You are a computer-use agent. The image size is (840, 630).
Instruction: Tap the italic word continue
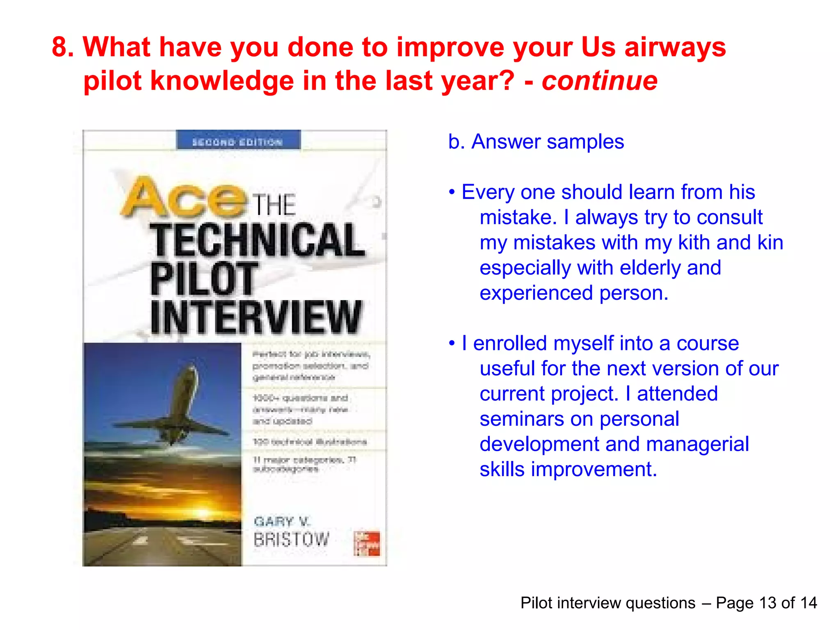(599, 80)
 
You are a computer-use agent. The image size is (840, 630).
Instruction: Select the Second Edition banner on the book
(238, 141)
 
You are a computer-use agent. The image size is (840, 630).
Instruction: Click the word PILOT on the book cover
(203, 279)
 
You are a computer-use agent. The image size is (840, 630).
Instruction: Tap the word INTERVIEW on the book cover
(256, 317)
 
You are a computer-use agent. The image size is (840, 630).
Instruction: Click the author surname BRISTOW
(291, 539)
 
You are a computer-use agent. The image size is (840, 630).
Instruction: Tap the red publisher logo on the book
(367, 543)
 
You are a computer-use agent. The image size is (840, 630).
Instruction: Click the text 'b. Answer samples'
(536, 142)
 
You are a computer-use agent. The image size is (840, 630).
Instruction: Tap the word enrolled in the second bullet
(510, 343)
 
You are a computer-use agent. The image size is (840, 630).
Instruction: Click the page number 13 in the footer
(767, 603)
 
